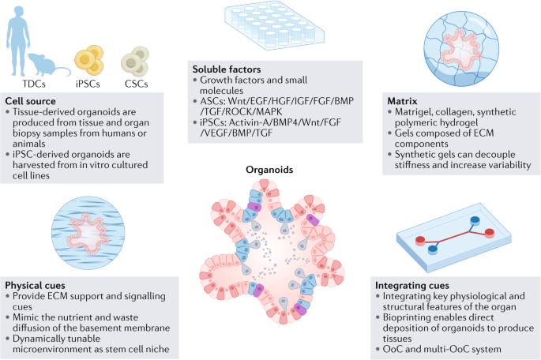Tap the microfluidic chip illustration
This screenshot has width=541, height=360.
pos(448,236)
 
